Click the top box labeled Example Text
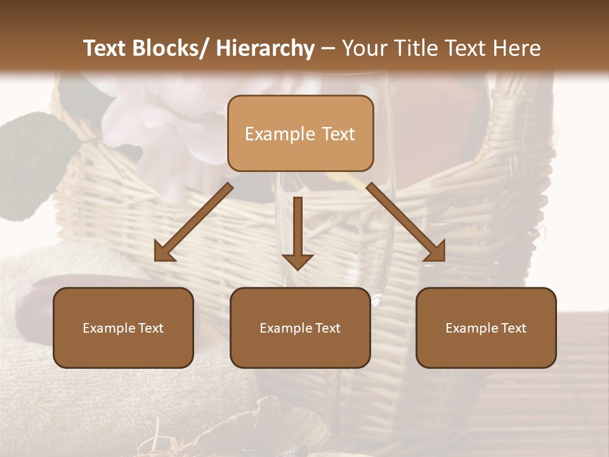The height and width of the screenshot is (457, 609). pos(300,133)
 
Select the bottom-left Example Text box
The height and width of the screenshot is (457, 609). pos(123,328)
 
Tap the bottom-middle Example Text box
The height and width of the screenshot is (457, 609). pos(300,328)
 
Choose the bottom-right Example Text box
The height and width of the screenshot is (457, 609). pos(486,328)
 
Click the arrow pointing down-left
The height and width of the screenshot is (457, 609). pos(193,222)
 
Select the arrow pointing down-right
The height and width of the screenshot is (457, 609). pos(406,222)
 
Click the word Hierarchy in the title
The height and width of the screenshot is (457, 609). pos(265,48)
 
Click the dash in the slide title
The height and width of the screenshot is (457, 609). pos(328,48)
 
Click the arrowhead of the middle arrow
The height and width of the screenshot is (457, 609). pos(298,260)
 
